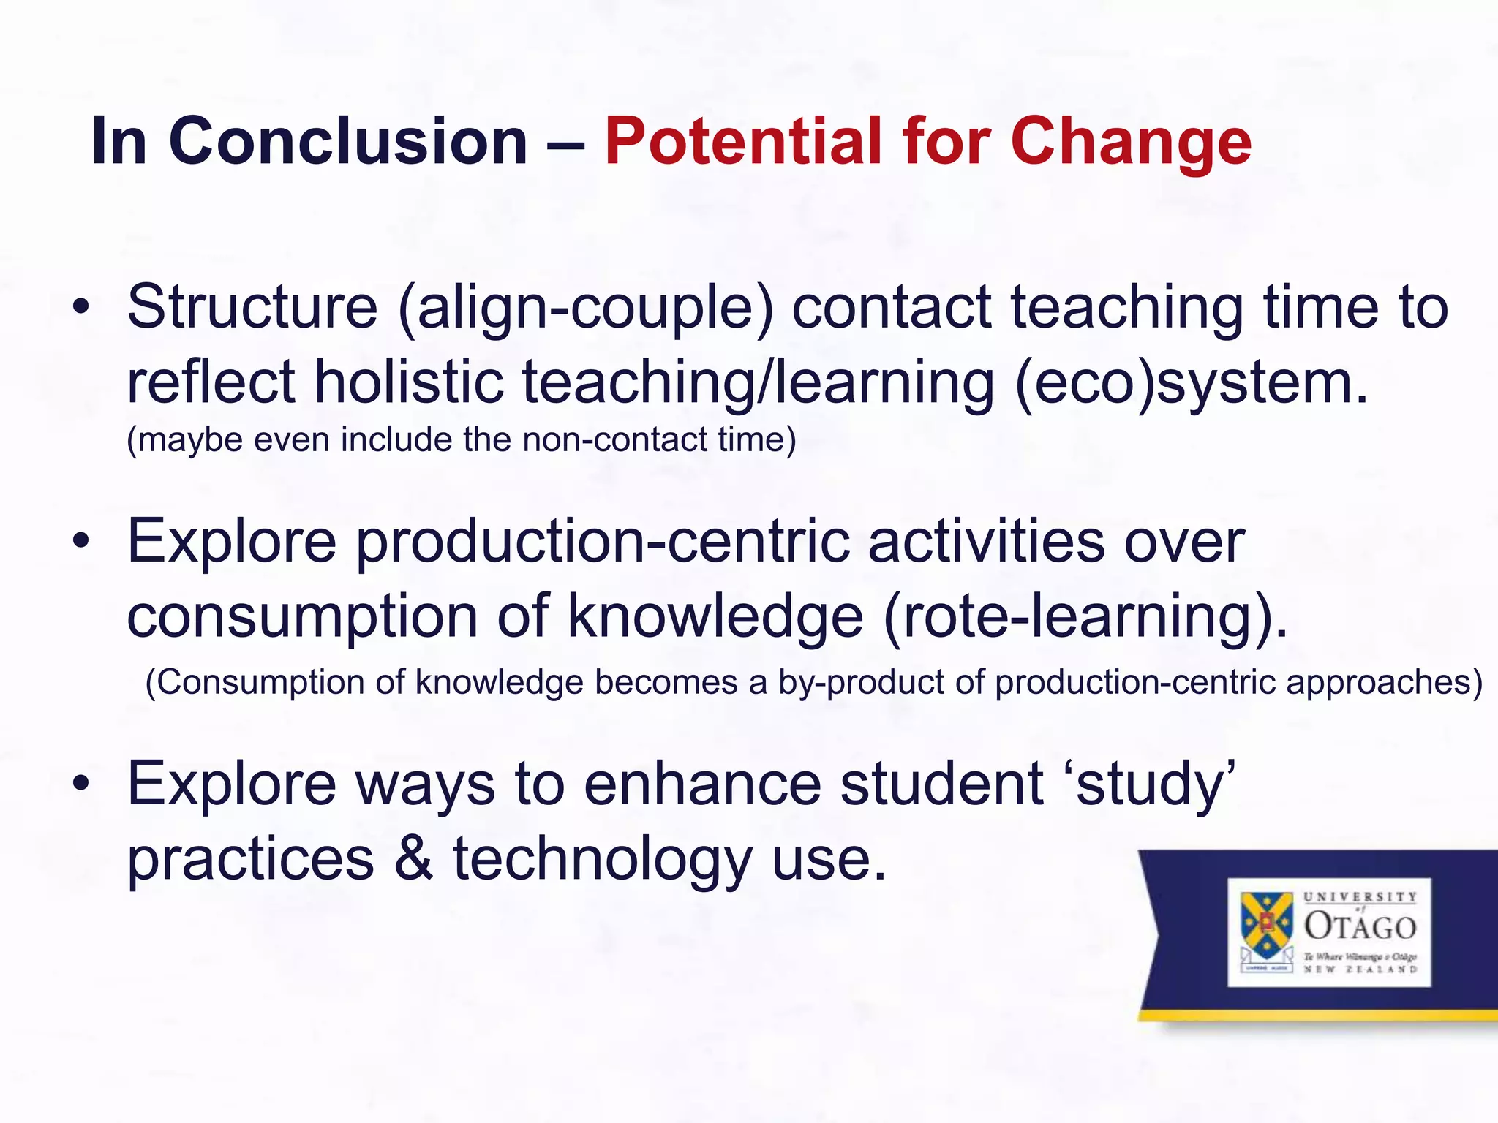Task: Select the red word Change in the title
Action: [x=1131, y=141]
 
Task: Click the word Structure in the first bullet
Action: [x=252, y=307]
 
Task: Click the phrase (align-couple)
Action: [x=586, y=307]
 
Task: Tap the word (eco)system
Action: [x=1191, y=382]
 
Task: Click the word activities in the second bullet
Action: [x=986, y=542]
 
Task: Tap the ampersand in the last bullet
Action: [x=413, y=859]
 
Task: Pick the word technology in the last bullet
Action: [x=603, y=859]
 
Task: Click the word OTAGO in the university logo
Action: [x=1360, y=926]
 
